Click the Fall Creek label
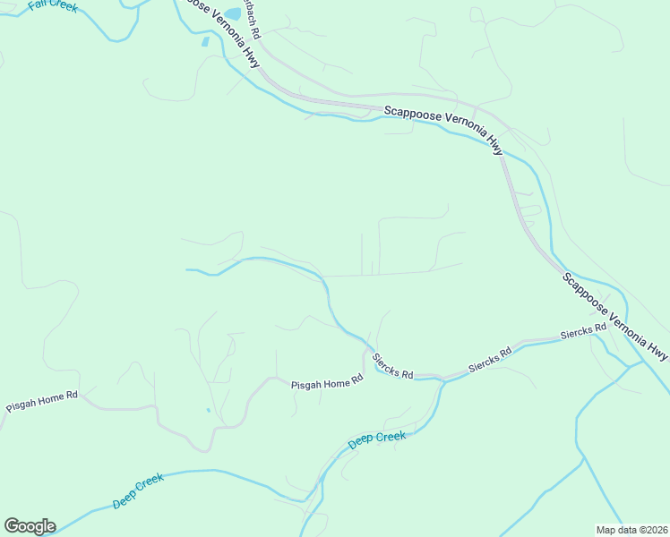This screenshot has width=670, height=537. click(x=53, y=5)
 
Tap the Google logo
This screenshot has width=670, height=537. click(x=30, y=525)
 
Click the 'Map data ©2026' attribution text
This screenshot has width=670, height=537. click(x=631, y=530)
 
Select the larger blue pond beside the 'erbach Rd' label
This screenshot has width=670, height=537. click(x=233, y=13)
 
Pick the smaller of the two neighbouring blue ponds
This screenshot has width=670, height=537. click(x=206, y=41)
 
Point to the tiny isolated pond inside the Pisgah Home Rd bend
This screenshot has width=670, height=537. click(x=208, y=411)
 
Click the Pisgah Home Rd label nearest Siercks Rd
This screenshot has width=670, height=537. click(x=327, y=383)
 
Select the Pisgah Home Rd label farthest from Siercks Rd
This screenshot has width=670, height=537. click(x=42, y=401)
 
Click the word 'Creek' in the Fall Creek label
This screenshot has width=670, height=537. click(x=64, y=6)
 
